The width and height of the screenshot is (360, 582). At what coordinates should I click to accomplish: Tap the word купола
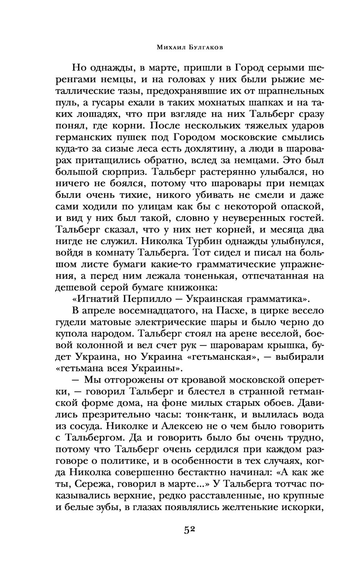(x=73, y=333)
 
